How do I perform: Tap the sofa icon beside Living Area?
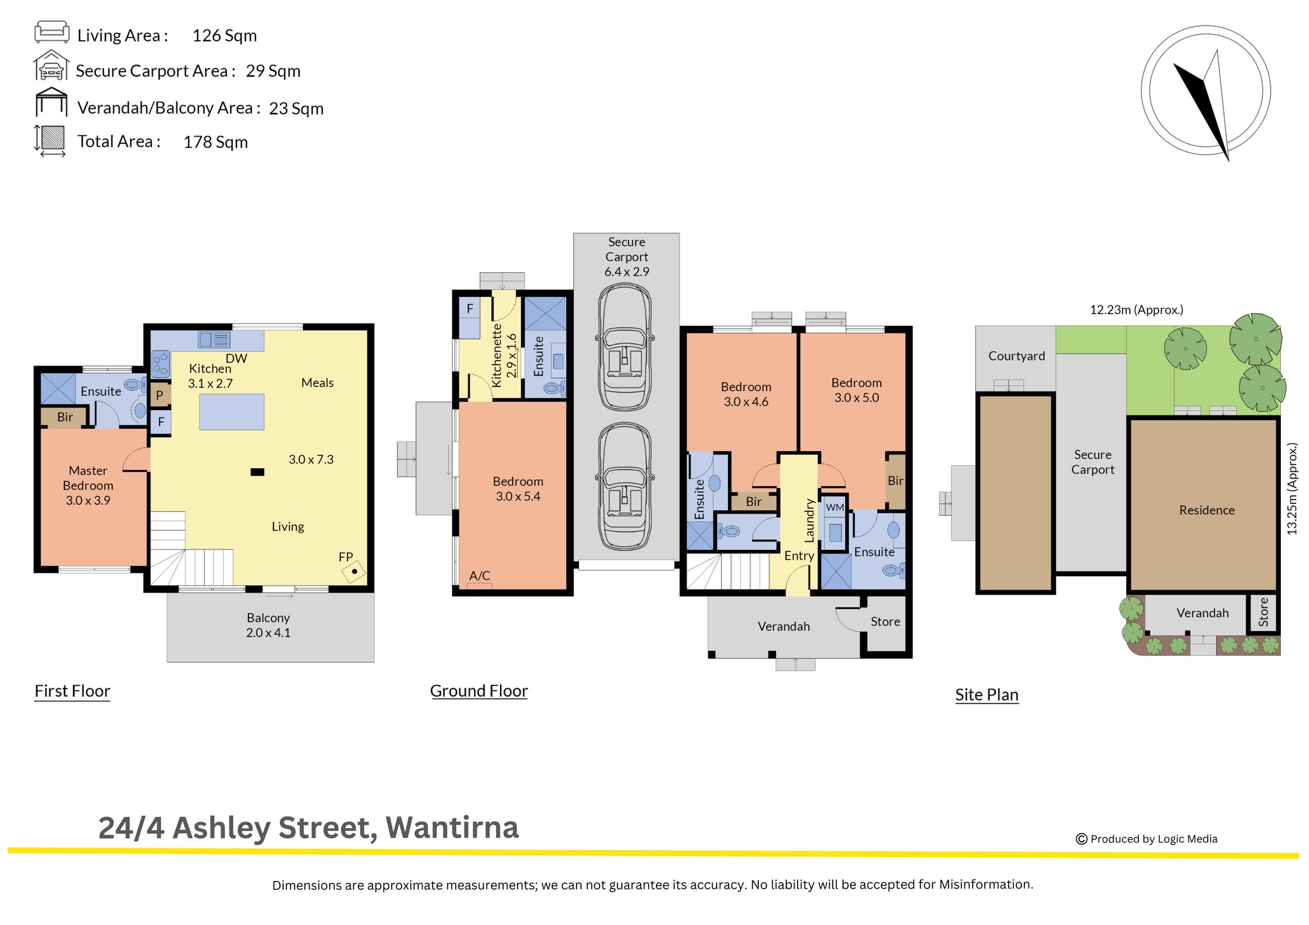click(x=52, y=31)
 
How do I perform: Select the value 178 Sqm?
click(x=215, y=142)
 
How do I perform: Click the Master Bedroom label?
click(x=88, y=485)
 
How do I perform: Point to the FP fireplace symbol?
click(x=353, y=570)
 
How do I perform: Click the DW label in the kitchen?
click(x=236, y=358)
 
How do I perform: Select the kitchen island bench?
click(x=231, y=412)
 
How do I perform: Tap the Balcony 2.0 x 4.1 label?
click(x=268, y=625)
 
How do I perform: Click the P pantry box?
click(x=160, y=395)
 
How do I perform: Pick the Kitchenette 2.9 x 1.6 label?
click(x=504, y=355)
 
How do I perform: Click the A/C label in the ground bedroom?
click(x=479, y=576)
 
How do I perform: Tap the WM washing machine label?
click(x=835, y=507)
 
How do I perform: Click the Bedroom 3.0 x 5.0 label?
click(x=856, y=390)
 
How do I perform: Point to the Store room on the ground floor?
click(x=885, y=622)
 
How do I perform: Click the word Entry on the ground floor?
click(x=799, y=556)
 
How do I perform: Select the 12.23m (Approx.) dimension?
click(x=1136, y=310)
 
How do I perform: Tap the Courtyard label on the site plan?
click(x=1016, y=356)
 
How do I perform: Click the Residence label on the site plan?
click(x=1207, y=510)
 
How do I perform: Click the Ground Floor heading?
click(x=479, y=691)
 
